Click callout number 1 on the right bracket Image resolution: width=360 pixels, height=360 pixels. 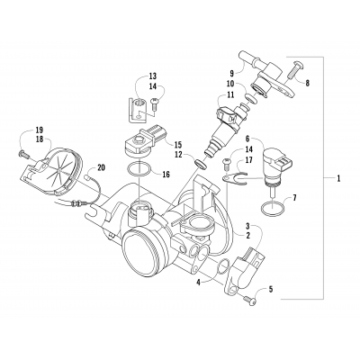(337, 179)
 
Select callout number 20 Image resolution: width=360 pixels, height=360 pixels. (101, 167)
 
